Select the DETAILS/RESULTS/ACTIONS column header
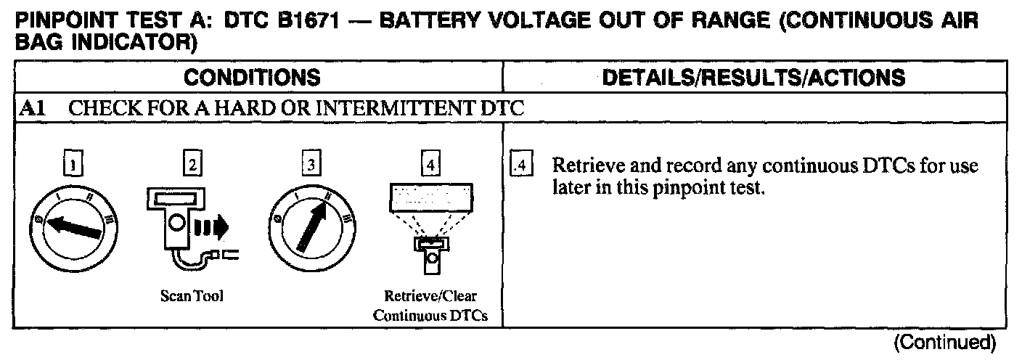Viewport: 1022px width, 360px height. pyautogui.click(x=755, y=77)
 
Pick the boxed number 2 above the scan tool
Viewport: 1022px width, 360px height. pyautogui.click(x=192, y=165)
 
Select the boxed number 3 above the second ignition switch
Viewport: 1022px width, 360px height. pyautogui.click(x=311, y=165)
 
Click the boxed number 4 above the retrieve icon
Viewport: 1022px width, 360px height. pyautogui.click(x=431, y=165)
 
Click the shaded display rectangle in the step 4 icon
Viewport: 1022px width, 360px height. pyautogui.click(x=431, y=194)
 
